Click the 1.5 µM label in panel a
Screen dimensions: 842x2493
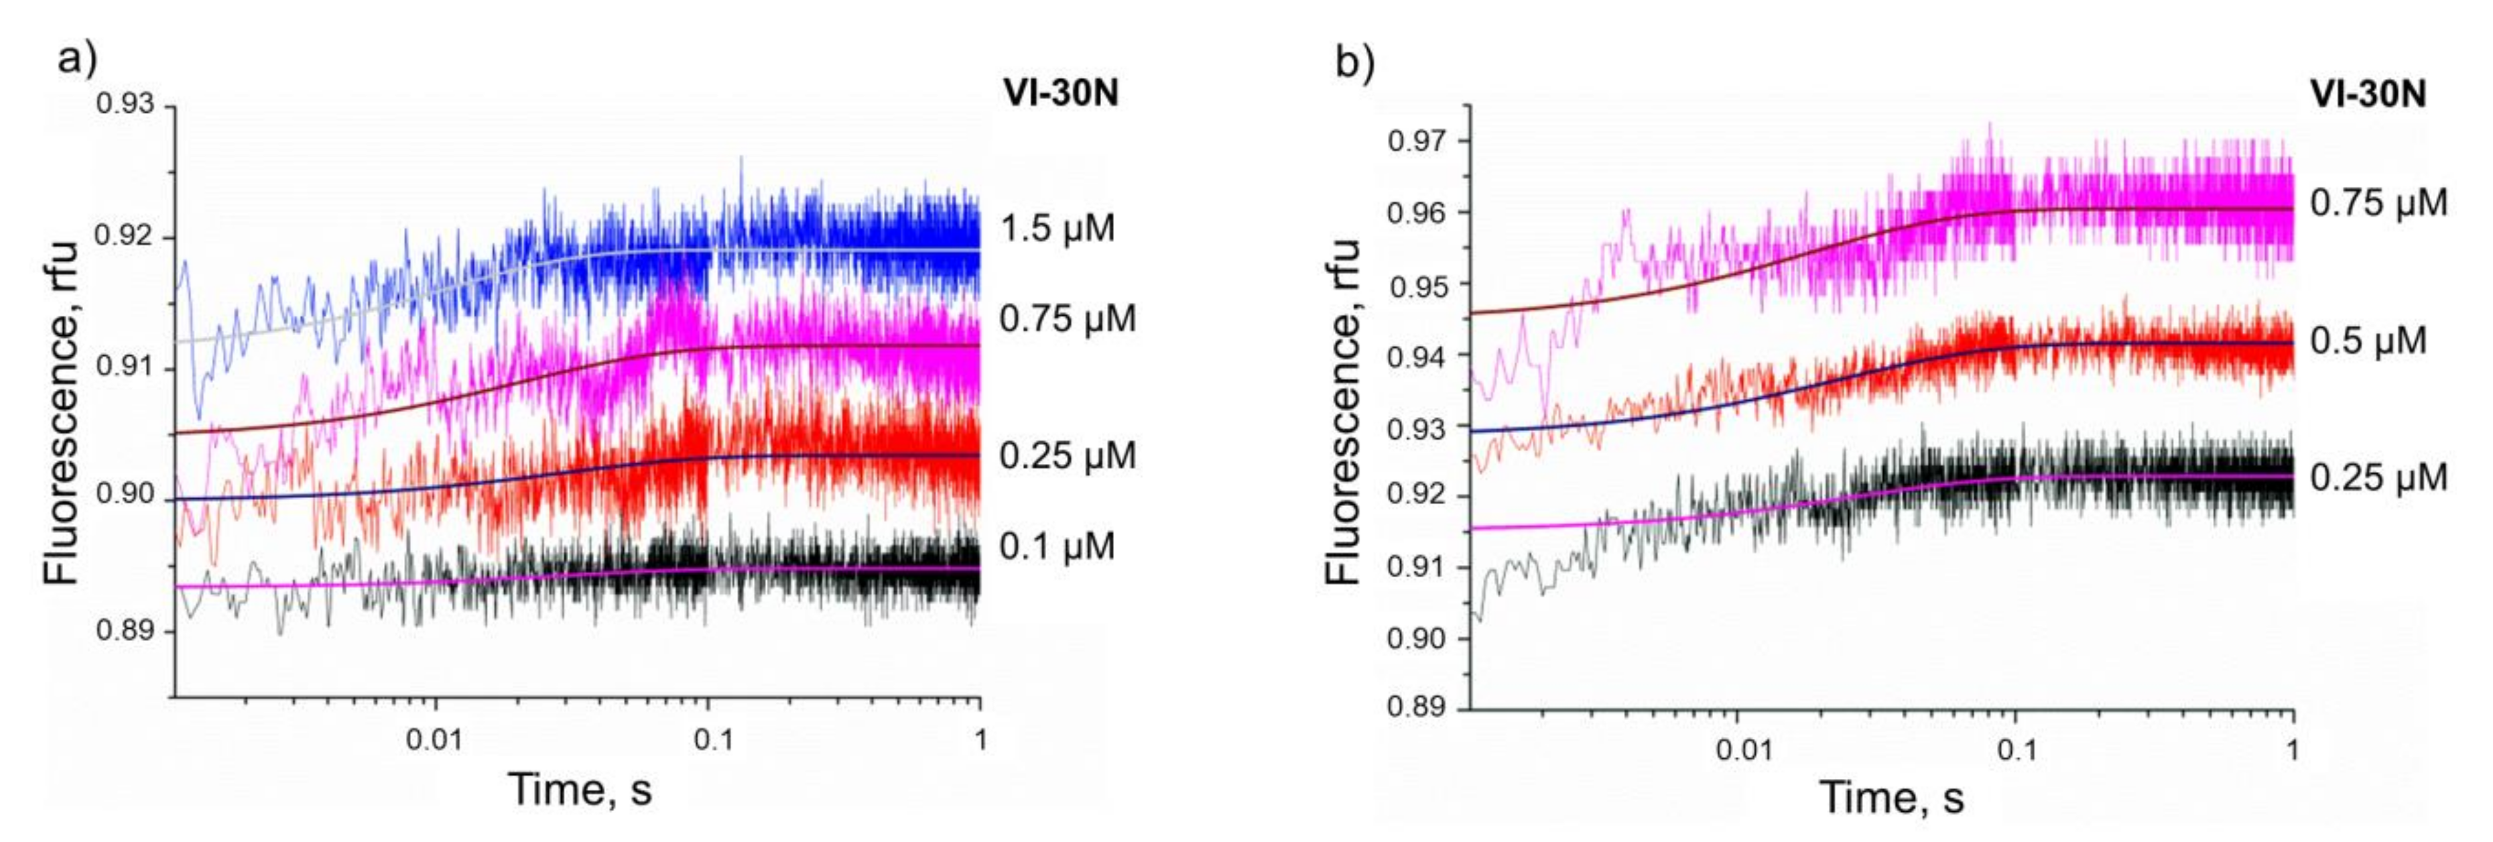coord(1057,229)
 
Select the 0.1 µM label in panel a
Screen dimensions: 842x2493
coord(1057,547)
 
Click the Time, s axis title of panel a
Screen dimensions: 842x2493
coord(580,789)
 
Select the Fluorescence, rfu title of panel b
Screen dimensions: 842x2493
coord(1343,412)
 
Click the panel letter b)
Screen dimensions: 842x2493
coord(1355,64)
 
